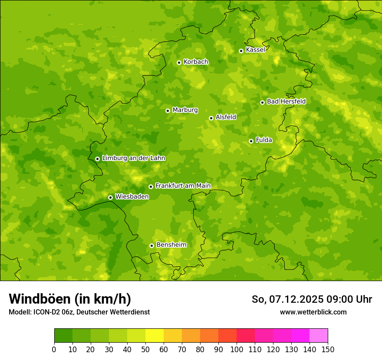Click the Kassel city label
255,50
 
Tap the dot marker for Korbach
179,62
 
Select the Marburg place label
185,110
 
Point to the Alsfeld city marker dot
211,118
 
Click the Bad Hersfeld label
286,101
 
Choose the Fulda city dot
251,141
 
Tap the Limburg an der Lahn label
134,158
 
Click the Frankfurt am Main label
183,186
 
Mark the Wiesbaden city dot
110,197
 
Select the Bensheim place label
171,245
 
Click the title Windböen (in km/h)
70,299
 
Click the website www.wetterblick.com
313,312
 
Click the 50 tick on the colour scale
145,349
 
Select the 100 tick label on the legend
237,349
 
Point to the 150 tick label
328,349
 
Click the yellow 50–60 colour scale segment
155,335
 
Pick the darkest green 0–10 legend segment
63,335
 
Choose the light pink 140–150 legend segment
319,335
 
